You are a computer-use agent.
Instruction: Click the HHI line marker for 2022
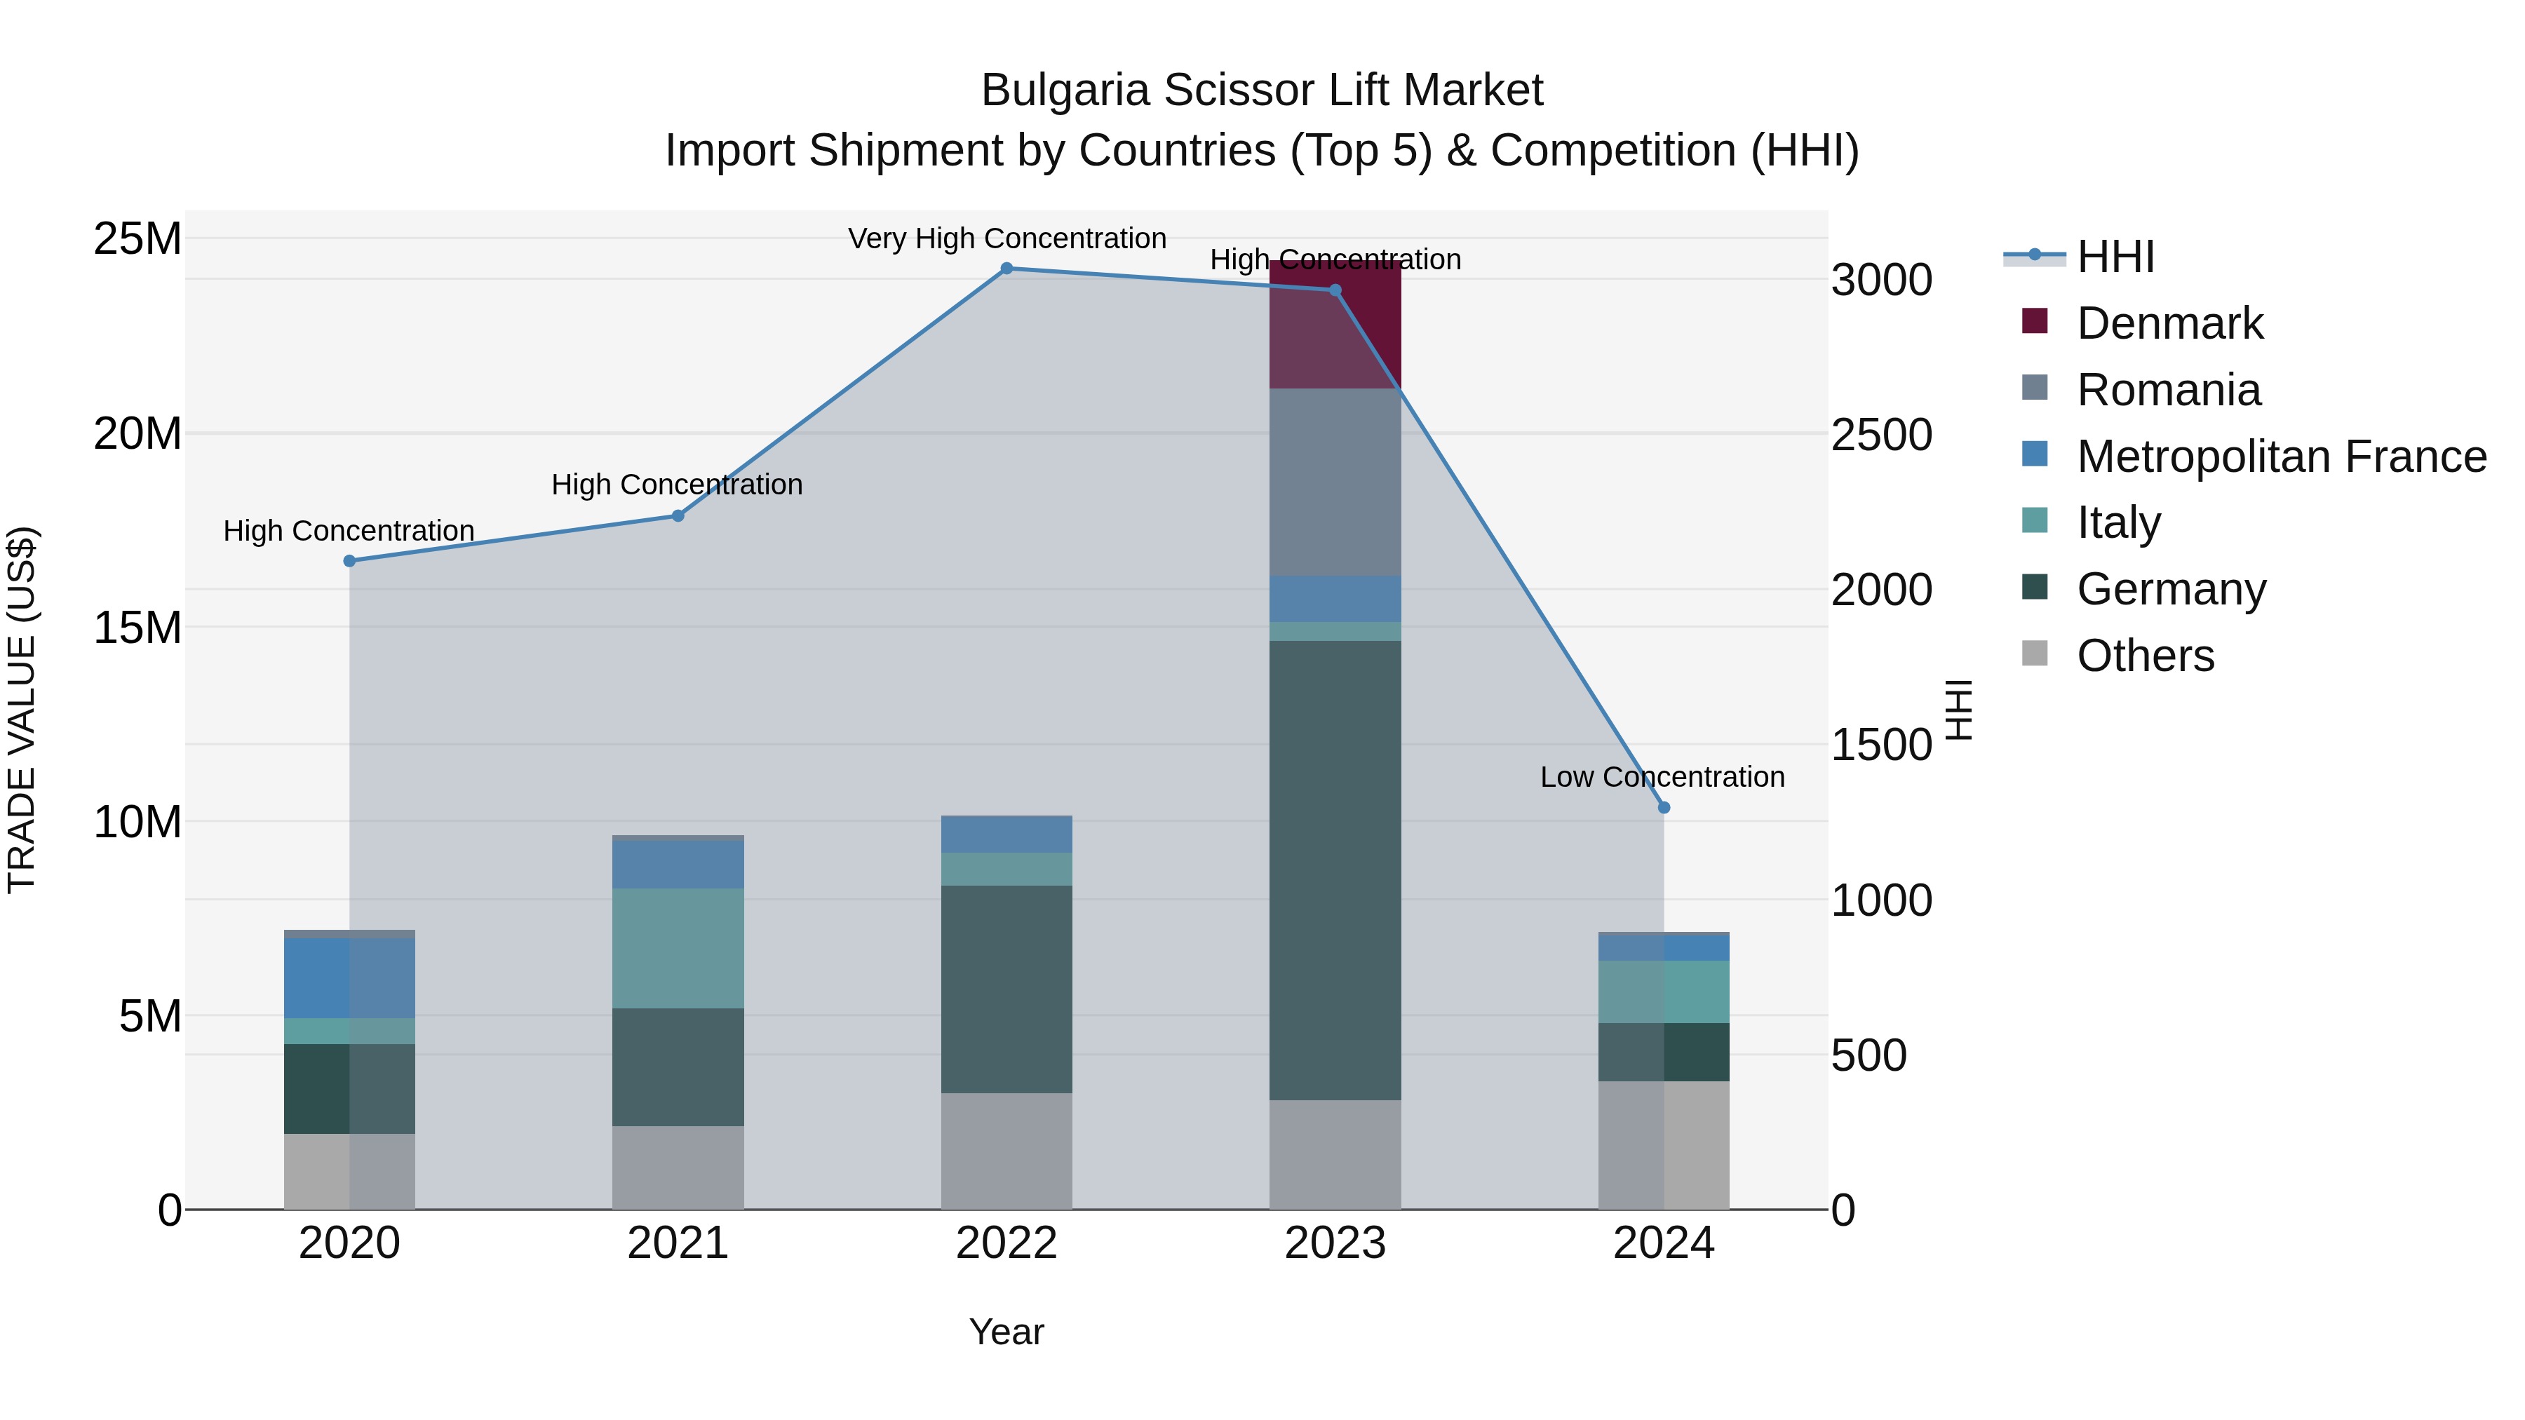pyautogui.click(x=1006, y=269)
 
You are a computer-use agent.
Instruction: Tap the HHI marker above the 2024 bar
pyautogui.click(x=1664, y=808)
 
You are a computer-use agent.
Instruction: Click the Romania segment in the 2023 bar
pyautogui.click(x=1335, y=482)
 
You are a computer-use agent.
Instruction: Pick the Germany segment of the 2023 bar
pyautogui.click(x=1335, y=870)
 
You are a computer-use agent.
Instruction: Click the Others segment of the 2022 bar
pyautogui.click(x=1006, y=1151)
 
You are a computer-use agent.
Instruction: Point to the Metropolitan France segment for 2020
pyautogui.click(x=349, y=978)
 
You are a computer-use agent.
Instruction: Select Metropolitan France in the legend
pyautogui.click(x=2280, y=457)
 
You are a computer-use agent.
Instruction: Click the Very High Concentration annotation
pyautogui.click(x=1006, y=238)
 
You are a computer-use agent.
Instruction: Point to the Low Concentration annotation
pyautogui.click(x=1662, y=777)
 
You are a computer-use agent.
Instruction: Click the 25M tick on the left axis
pyautogui.click(x=137, y=239)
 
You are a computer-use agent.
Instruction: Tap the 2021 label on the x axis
pyautogui.click(x=678, y=1243)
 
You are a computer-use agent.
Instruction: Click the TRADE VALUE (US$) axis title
pyautogui.click(x=22, y=710)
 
